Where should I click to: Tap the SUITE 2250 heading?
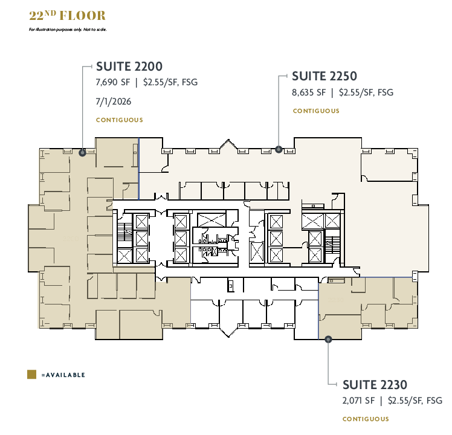coord(324,76)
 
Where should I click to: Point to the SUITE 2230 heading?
coord(375,384)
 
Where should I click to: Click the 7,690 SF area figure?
coord(112,82)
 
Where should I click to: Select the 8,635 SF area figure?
coord(309,92)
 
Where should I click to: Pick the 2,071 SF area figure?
coord(359,400)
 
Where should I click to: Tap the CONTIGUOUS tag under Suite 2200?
coord(120,120)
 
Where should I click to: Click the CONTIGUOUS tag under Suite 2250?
coord(316,111)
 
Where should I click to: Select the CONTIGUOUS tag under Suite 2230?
coord(366,419)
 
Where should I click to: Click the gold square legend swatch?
coord(31,375)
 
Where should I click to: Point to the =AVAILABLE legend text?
coord(63,375)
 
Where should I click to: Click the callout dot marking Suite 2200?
coord(82,153)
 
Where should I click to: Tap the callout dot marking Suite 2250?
coord(279,149)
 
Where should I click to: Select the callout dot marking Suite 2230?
coord(328,340)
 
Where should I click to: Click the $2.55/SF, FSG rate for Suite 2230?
coord(416,400)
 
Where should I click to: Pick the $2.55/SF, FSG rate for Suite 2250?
coord(366,92)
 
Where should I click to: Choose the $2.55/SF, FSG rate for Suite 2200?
coord(170,82)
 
